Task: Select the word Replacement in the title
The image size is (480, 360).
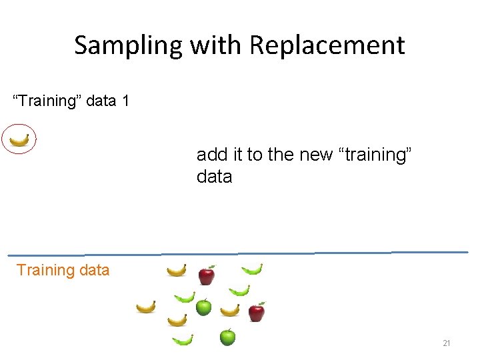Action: [327, 45]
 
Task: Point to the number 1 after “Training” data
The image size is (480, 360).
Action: [125, 101]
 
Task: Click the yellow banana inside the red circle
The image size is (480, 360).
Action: [19, 140]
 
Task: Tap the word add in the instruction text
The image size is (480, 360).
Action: [212, 155]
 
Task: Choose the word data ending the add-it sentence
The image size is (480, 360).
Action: [214, 177]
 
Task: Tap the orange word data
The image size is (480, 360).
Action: [93, 270]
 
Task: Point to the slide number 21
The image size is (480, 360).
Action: [447, 343]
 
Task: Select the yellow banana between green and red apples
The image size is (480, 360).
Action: [230, 310]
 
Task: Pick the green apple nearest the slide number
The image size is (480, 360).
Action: [227, 337]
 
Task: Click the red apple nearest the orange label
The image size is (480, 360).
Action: [207, 275]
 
